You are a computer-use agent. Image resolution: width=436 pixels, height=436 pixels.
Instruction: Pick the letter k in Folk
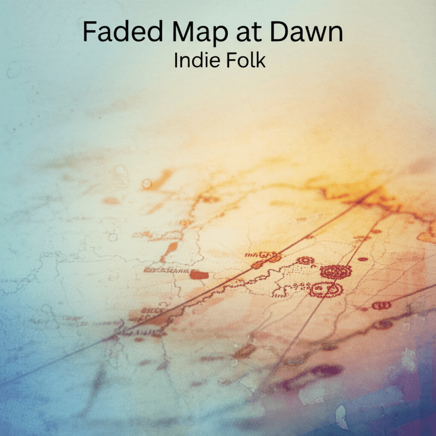(261, 60)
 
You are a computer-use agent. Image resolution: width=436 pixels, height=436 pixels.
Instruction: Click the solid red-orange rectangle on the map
(199, 275)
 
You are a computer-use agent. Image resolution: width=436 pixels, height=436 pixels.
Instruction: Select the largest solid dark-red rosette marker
(336, 272)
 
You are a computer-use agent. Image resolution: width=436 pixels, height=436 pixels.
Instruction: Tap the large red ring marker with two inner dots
(326, 290)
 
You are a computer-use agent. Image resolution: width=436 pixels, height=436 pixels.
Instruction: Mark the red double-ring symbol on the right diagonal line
(381, 305)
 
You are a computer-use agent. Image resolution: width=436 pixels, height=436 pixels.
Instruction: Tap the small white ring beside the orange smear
(147, 184)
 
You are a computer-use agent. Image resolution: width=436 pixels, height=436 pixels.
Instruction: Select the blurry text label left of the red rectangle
(166, 270)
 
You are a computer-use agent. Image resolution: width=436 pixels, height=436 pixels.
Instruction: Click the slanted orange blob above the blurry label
(169, 252)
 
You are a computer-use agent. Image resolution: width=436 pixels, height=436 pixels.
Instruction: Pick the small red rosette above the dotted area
(305, 261)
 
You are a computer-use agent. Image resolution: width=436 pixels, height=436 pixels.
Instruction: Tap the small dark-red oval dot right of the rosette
(363, 259)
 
